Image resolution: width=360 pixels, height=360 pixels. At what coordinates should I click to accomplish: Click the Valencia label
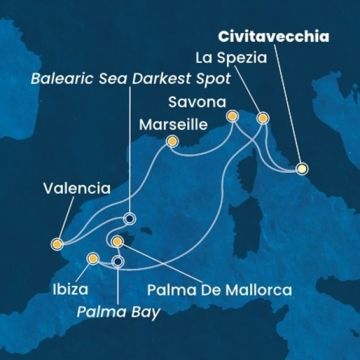pos(77,189)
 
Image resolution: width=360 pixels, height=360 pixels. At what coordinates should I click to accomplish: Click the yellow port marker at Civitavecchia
pos(302,169)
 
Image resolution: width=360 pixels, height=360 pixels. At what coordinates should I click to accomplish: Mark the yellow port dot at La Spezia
pos(262,118)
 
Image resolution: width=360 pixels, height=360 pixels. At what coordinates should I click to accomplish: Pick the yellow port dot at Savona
pos(232,115)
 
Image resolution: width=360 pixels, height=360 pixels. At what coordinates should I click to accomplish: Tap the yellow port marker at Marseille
pos(172,142)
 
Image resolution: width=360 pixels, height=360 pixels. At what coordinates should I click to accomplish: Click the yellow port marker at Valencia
pos(57,244)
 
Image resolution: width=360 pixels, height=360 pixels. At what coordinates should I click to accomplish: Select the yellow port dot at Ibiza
pos(93,259)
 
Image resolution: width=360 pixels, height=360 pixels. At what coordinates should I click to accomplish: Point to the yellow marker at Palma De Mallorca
pos(118,242)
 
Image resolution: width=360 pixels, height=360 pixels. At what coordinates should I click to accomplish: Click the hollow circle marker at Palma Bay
pos(118,261)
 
